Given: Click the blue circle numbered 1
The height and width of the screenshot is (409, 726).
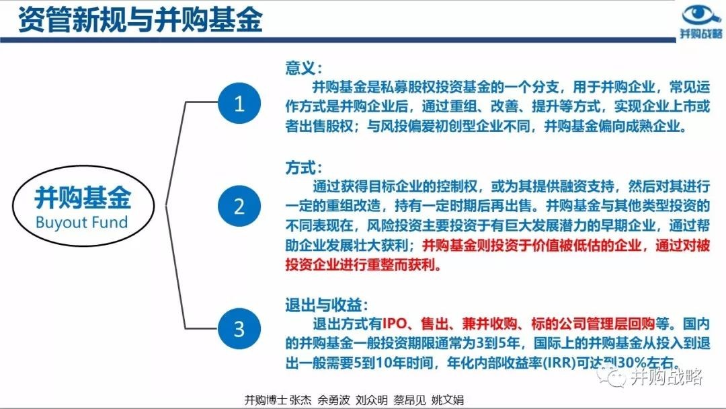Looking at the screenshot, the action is click(x=239, y=103).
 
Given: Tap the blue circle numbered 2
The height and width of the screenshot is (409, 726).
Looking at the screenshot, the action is click(x=239, y=206).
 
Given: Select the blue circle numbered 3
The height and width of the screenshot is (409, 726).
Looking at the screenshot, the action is click(x=239, y=328).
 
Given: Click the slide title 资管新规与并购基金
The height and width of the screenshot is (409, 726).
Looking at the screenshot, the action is click(x=140, y=20).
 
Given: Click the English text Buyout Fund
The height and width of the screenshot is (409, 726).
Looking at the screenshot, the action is click(x=81, y=223).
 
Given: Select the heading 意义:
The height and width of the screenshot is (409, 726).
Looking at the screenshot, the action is click(x=303, y=68).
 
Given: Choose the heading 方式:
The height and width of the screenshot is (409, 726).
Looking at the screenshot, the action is click(x=303, y=168).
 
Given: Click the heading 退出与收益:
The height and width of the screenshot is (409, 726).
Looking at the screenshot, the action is click(x=327, y=305).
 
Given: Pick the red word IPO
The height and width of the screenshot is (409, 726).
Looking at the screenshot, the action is click(x=395, y=324).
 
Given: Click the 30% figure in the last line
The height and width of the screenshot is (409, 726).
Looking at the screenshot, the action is click(x=631, y=363).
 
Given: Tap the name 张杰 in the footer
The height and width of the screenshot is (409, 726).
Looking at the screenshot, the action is click(x=300, y=400).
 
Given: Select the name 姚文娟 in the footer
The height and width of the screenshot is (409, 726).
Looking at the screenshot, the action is click(x=447, y=400).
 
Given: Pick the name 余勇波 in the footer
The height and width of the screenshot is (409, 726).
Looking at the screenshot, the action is click(x=333, y=400).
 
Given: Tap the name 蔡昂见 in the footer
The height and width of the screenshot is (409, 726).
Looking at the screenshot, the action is click(x=409, y=400).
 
